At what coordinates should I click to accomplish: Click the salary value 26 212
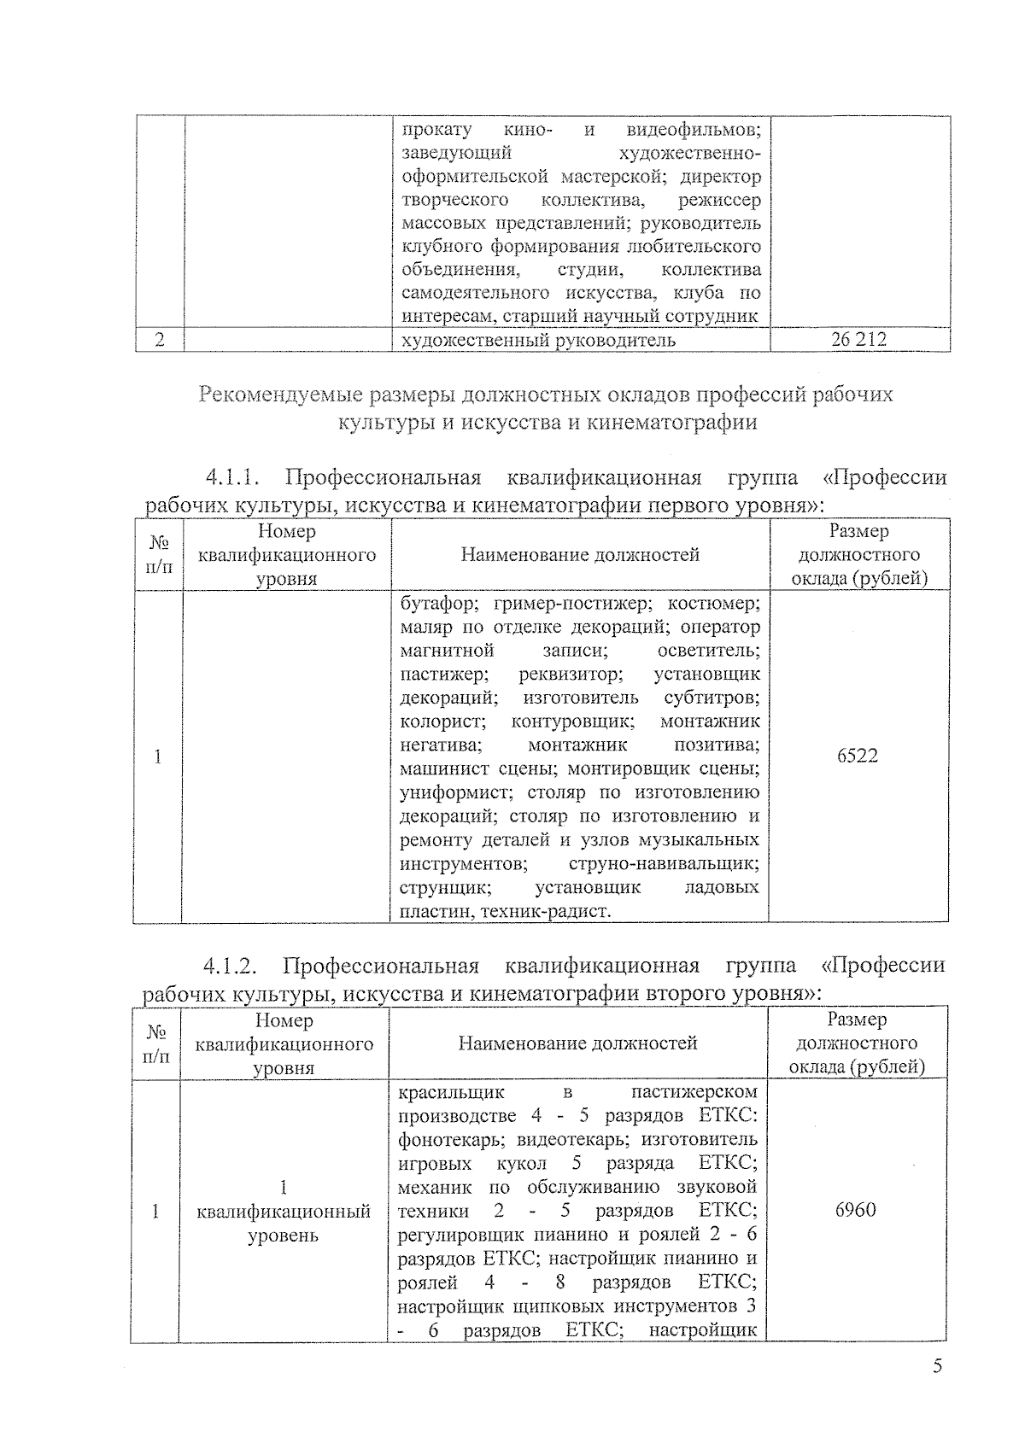[x=858, y=340]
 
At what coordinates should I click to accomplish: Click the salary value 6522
[x=858, y=756]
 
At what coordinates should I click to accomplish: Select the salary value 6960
[x=855, y=1210]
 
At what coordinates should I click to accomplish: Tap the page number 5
[x=937, y=1367]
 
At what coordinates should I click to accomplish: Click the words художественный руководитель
[x=538, y=340]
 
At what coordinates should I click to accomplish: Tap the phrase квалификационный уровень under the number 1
[x=283, y=1223]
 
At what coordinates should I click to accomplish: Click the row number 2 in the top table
[x=160, y=340]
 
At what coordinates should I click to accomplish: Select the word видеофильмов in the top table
[x=693, y=130]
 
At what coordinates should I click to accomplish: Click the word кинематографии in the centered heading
[x=671, y=423]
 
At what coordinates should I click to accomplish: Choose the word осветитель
[x=708, y=651]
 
